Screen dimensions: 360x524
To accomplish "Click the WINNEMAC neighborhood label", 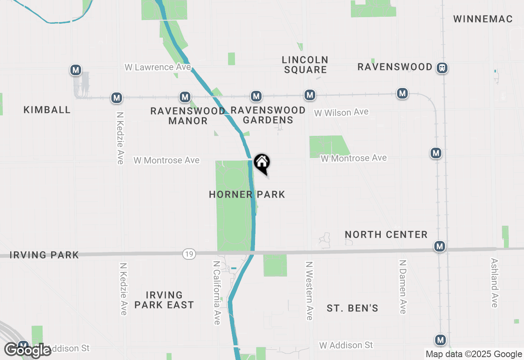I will pyautogui.click(x=483, y=19).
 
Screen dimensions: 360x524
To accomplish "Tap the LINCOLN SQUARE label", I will pyautogui.click(x=305, y=65).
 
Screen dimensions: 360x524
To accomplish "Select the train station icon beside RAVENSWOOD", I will pyautogui.click(x=442, y=67).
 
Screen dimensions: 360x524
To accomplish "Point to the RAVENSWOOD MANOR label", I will pyautogui.click(x=188, y=116).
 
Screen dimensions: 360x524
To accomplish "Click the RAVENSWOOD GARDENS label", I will pyautogui.click(x=268, y=115).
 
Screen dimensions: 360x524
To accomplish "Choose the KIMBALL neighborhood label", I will pyautogui.click(x=47, y=110).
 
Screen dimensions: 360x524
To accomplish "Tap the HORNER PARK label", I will pyautogui.click(x=247, y=194).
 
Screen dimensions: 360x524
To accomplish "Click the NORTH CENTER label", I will pyautogui.click(x=386, y=234).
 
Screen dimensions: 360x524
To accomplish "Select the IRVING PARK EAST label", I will pyautogui.click(x=164, y=300).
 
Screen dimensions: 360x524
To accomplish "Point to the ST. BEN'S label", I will pyautogui.click(x=352, y=308).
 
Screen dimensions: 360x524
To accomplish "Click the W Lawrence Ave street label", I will pyautogui.click(x=158, y=67).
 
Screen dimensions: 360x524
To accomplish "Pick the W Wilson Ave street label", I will pyautogui.click(x=341, y=112).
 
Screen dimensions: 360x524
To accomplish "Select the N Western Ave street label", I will pyautogui.click(x=309, y=291).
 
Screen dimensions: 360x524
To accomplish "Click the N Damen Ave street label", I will pyautogui.click(x=403, y=286).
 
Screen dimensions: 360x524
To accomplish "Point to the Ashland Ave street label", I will pyautogui.click(x=495, y=282).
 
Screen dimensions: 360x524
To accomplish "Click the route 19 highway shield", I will pyautogui.click(x=189, y=254).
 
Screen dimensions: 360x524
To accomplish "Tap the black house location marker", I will pyautogui.click(x=262, y=163).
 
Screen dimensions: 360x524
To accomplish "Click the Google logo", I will pyautogui.click(x=28, y=350).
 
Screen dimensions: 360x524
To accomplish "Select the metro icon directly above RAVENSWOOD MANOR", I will pyautogui.click(x=185, y=97).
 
